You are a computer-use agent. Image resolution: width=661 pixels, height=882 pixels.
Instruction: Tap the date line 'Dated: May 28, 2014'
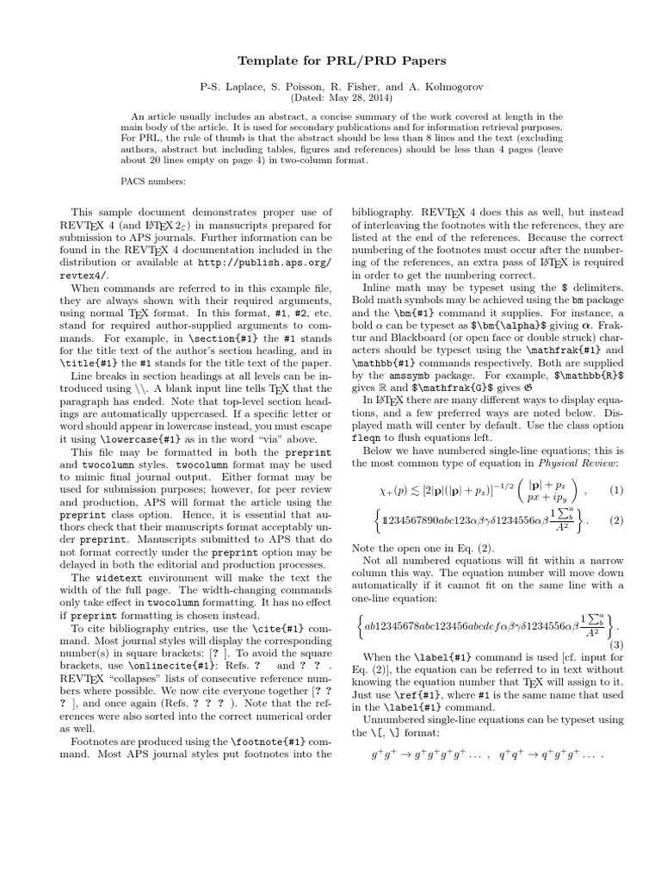(330, 99)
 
